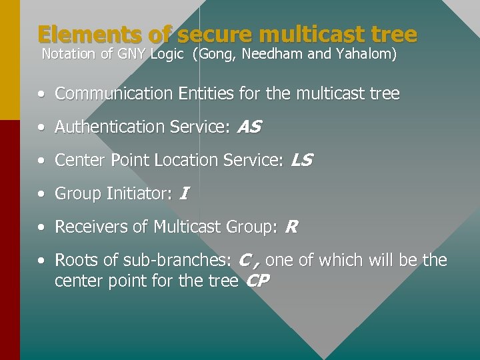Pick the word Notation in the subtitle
(x=69, y=55)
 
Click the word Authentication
(x=98, y=127)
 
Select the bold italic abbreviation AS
(x=249, y=127)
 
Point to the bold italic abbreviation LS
(x=301, y=160)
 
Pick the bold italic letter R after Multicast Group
(x=291, y=227)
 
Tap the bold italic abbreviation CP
(x=257, y=281)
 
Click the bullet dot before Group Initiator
(x=42, y=194)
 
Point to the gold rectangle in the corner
(x=9, y=60)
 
